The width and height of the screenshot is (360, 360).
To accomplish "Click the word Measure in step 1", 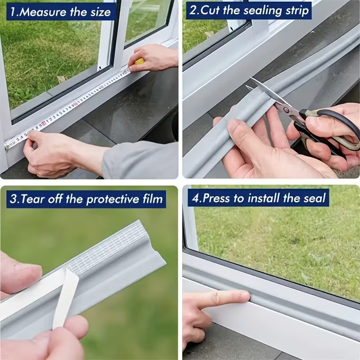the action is [x=43, y=12].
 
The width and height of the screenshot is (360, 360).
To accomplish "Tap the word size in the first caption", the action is [x=100, y=13].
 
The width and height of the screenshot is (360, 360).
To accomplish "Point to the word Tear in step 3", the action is [x=33, y=198].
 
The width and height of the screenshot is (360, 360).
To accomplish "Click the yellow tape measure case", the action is [x=139, y=61].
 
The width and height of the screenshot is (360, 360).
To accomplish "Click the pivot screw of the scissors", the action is [x=286, y=110].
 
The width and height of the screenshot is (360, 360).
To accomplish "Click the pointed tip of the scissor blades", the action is [x=250, y=78].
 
